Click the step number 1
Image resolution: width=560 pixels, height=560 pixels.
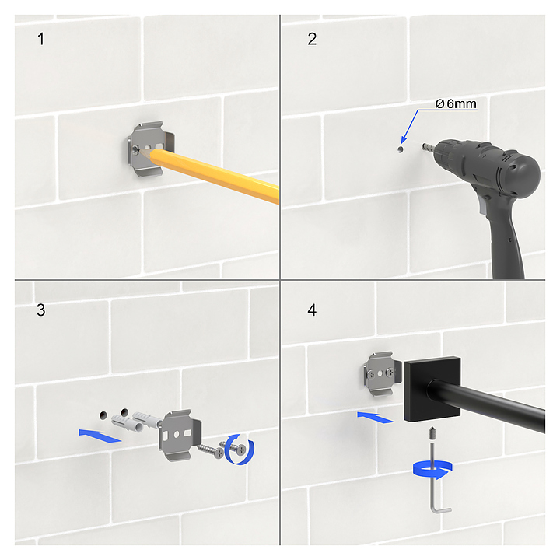tap(40, 39)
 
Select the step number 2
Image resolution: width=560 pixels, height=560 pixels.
tap(312, 39)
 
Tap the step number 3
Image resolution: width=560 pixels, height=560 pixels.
tap(40, 310)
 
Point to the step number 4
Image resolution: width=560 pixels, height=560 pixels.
tap(312, 310)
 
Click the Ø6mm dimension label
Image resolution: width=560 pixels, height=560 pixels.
tap(456, 104)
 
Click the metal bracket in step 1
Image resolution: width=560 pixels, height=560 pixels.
tap(151, 149)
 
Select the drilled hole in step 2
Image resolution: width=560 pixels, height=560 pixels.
tap(401, 149)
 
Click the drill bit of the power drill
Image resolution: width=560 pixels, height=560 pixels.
tap(427, 147)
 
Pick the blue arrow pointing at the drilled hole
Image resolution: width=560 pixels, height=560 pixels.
tap(410, 126)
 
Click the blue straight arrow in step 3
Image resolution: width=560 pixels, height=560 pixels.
tap(100, 436)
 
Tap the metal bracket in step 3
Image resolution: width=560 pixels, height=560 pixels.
tap(180, 435)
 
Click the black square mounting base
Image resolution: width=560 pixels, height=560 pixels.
tap(432, 390)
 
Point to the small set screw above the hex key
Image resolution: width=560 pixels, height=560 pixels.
tap(432, 434)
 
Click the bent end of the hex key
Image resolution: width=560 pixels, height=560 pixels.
tap(442, 509)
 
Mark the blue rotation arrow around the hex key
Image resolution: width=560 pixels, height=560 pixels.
tap(433, 470)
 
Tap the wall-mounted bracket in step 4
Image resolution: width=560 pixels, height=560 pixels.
tap(380, 373)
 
